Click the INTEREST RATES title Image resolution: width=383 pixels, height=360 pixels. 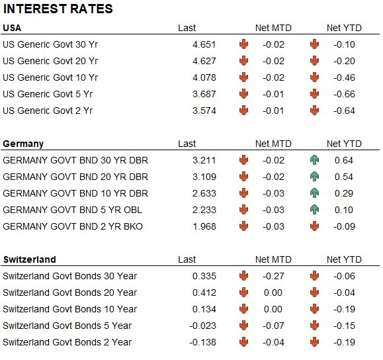(x=58, y=9)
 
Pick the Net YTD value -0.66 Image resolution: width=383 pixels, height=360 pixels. (x=344, y=94)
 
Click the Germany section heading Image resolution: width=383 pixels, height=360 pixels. (x=23, y=144)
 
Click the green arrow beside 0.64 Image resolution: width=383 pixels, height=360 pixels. (x=314, y=160)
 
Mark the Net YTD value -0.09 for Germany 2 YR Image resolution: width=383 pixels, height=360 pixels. (x=344, y=226)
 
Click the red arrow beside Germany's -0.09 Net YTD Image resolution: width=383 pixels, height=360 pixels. (x=314, y=226)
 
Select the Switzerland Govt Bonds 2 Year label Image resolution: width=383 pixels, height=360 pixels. (x=67, y=342)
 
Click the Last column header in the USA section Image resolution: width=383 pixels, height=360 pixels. (x=187, y=28)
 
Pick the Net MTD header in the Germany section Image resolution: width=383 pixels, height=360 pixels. (x=273, y=144)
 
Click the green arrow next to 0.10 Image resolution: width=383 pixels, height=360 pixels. (x=314, y=210)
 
